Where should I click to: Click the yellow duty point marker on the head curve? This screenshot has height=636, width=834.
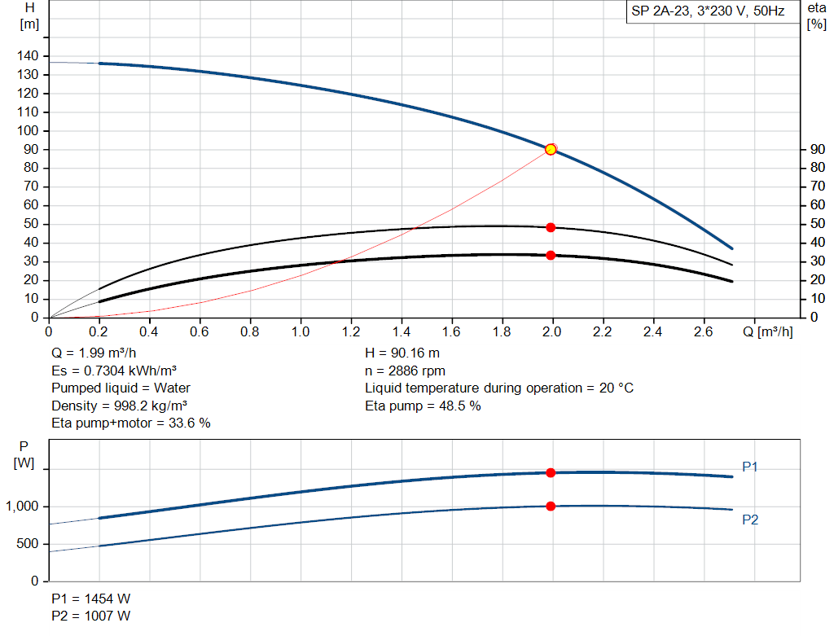pos(551,149)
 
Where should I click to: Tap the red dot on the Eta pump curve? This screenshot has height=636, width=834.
pos(551,227)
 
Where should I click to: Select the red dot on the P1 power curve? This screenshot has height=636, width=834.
pos(551,472)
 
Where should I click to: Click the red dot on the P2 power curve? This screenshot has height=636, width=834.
pos(551,506)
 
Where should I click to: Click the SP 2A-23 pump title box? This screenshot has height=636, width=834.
pos(708,12)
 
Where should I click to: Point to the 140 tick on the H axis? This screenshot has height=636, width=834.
pos(29,56)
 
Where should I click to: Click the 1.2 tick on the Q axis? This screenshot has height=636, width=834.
pos(351,332)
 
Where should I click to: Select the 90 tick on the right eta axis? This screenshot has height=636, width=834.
pos(815,150)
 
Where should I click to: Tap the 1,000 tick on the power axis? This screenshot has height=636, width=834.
pos(22,507)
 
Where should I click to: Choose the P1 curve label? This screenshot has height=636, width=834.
pos(750,467)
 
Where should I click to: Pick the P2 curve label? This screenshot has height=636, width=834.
pos(750,520)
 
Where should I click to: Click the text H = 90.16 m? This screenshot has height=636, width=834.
pos(402,353)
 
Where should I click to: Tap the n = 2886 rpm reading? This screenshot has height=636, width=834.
pos(405,371)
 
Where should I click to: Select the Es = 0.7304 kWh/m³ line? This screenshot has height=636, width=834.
pos(114,371)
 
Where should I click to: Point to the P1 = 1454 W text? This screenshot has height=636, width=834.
pos(90,599)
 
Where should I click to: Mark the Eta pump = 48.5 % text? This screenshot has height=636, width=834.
pos(423,406)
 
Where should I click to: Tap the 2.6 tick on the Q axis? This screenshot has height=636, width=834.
pos(704,332)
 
